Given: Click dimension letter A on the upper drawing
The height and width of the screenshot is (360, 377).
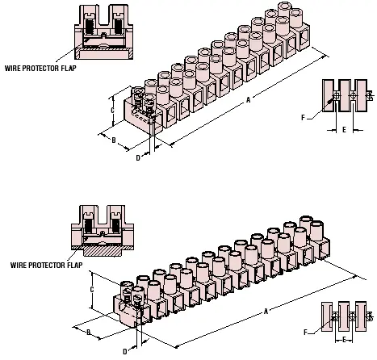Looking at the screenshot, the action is coord(248,100).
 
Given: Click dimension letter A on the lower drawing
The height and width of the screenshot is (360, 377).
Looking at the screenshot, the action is coord(266,312).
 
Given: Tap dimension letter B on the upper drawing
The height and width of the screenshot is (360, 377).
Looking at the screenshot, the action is coord(114,140).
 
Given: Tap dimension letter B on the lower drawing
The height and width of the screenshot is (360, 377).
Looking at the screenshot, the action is coord(89,333).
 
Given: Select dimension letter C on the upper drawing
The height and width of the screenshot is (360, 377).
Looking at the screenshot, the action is coord(113,110).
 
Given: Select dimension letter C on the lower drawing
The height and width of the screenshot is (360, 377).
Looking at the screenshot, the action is coord(92,290).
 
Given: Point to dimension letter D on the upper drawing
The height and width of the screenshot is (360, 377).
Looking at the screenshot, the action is coord(138,158).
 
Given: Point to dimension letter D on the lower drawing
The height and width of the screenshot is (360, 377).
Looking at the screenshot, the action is coord(125,351).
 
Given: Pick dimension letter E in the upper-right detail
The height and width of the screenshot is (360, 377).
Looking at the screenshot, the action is coord(344,130).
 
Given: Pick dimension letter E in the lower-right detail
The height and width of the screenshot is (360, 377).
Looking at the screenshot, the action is coord(344,340).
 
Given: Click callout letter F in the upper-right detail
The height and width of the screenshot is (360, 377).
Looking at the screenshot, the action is coord(303,118).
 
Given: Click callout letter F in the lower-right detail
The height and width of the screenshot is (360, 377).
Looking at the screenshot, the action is coord(305,333).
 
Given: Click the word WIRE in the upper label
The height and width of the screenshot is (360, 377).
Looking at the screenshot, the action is coord(13,68).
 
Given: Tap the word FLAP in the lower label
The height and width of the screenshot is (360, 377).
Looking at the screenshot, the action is coord(75,265).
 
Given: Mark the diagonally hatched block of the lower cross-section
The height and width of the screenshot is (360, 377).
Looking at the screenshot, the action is coord(103,251).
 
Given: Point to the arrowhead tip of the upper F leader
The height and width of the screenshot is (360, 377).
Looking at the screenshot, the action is coord(332,100).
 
